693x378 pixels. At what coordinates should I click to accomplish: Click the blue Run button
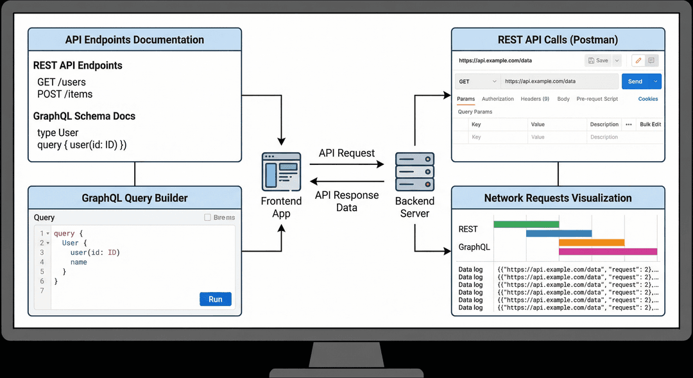tap(216, 299)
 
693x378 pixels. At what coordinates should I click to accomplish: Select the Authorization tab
tap(498, 99)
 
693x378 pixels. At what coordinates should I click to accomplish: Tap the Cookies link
tap(648, 99)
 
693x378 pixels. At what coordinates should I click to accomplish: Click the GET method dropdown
tap(477, 82)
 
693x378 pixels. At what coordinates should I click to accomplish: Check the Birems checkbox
tap(207, 218)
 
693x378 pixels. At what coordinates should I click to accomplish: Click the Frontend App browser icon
tap(281, 171)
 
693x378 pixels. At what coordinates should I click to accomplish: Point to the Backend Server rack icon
tap(415, 172)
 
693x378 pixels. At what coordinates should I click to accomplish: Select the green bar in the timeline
tap(526, 224)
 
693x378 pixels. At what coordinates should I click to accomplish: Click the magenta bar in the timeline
tap(608, 252)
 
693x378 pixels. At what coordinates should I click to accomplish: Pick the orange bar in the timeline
tap(592, 243)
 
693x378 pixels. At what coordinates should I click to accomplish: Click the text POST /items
tap(65, 94)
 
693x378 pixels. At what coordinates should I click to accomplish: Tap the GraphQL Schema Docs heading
tap(84, 116)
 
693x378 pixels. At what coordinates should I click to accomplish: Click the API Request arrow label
tap(346, 153)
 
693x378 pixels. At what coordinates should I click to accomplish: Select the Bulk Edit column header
tap(650, 125)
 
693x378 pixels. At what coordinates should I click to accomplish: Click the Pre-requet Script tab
tap(597, 99)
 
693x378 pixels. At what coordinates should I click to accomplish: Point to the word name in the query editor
tap(79, 262)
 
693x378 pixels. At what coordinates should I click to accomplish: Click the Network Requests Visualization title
tap(558, 198)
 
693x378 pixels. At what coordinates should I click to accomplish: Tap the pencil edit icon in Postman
tap(638, 60)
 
